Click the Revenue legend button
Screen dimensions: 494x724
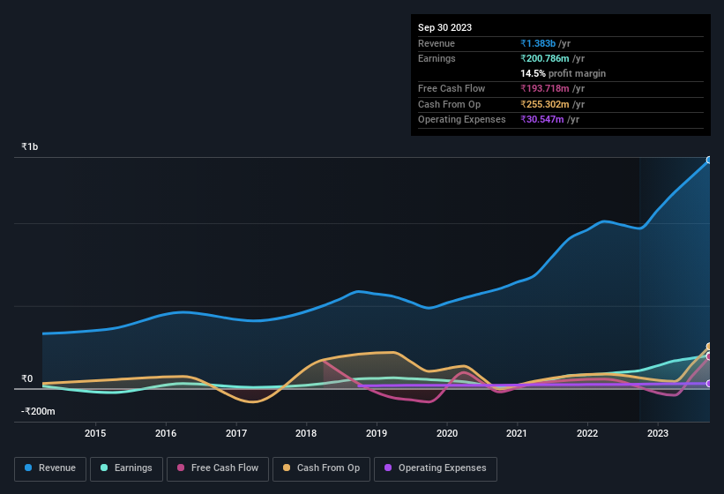pyautogui.click(x=50, y=468)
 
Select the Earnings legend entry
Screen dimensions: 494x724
pyautogui.click(x=126, y=468)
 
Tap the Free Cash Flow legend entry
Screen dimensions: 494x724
pyautogui.click(x=219, y=468)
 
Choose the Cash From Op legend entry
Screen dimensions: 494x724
pyautogui.click(x=321, y=468)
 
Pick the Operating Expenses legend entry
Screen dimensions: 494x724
pyautogui.click(x=436, y=468)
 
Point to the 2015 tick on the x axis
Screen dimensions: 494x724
pyautogui.click(x=95, y=433)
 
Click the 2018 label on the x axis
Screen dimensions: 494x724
pyautogui.click(x=306, y=433)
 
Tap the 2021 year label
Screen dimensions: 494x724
pyautogui.click(x=517, y=433)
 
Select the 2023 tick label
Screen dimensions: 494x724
pyautogui.click(x=657, y=433)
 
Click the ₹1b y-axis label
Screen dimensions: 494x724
pyautogui.click(x=30, y=146)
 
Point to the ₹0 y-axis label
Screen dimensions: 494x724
pyautogui.click(x=27, y=379)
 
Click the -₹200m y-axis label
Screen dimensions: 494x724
pyautogui.click(x=39, y=411)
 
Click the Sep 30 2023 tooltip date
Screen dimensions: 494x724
pyautogui.click(x=444, y=27)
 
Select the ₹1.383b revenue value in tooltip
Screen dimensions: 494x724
pyautogui.click(x=539, y=43)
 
